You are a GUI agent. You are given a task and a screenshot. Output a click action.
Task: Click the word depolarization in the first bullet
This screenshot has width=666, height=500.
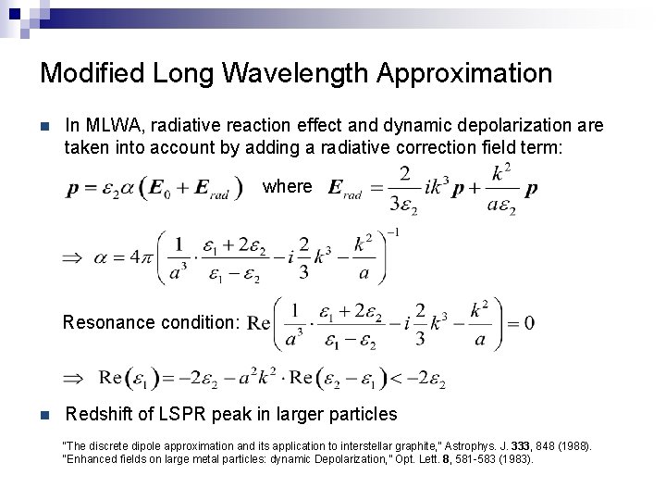(x=511, y=125)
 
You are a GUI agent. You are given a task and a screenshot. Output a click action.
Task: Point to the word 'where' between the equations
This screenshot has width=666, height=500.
(x=288, y=186)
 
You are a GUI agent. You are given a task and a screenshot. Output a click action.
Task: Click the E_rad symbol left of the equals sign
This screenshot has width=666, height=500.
(x=345, y=190)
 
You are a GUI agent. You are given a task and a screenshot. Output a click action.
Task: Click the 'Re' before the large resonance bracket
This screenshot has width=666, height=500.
(x=260, y=324)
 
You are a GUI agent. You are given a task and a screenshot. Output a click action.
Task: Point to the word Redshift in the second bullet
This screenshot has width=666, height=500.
(x=101, y=414)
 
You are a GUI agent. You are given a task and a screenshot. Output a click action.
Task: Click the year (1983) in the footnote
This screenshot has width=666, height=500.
(x=515, y=458)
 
